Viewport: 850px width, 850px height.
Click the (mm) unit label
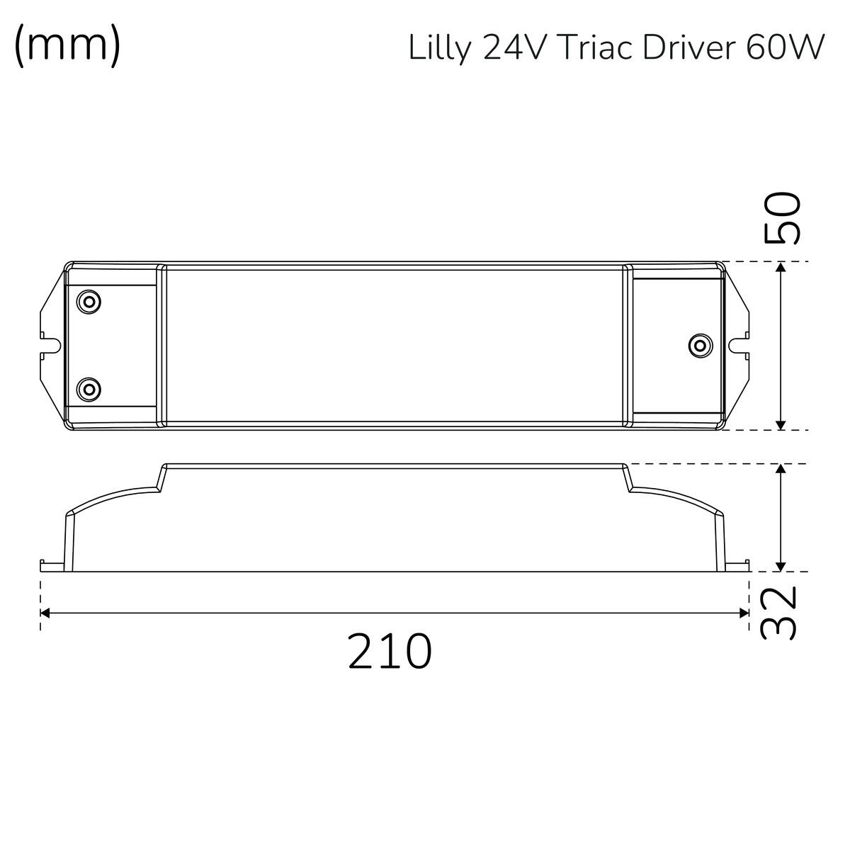click(x=67, y=46)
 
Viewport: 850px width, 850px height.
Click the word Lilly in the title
click(x=438, y=48)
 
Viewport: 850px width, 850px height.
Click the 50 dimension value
click(x=781, y=218)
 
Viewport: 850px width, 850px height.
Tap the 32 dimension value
click(x=779, y=612)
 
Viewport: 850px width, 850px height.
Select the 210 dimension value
click(x=390, y=652)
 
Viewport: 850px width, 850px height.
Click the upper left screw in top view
click(x=89, y=302)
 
